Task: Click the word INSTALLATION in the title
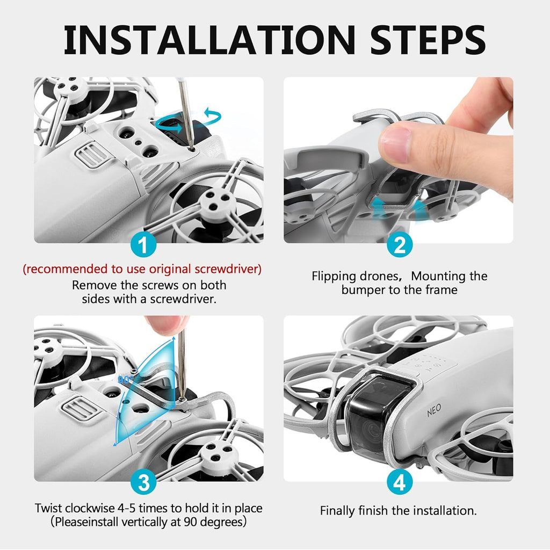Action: point(209,39)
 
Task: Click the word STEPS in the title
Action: point(428,39)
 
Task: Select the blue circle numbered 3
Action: point(143,482)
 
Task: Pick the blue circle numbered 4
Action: point(400,482)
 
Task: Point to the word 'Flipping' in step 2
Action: point(334,277)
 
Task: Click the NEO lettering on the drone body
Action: point(434,410)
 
